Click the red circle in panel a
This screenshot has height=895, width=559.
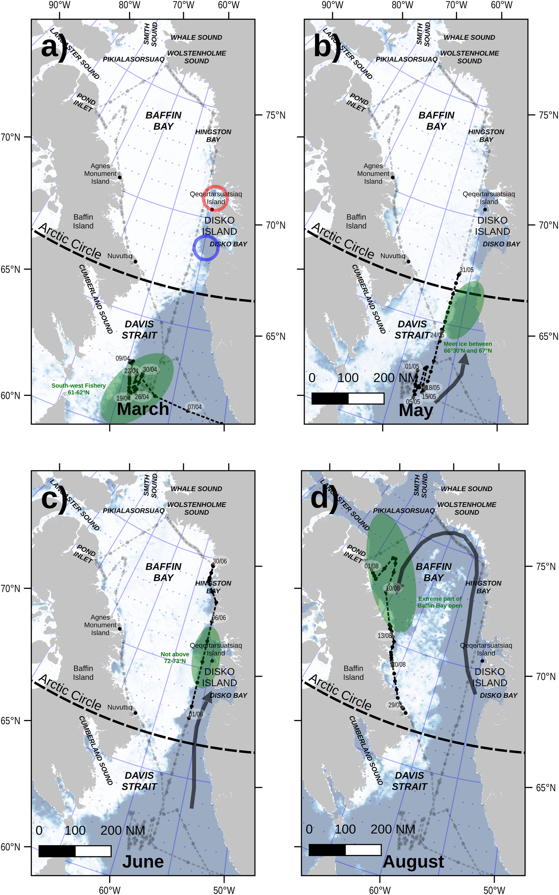[215, 198]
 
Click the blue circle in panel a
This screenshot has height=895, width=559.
[206, 248]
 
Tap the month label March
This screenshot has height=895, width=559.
[143, 409]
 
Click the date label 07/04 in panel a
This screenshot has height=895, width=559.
[195, 407]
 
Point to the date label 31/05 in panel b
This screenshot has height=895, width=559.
[466, 270]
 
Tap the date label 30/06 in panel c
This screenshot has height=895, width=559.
[220, 561]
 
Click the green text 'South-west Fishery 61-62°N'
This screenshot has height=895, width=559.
[78, 388]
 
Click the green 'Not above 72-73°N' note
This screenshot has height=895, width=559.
[175, 658]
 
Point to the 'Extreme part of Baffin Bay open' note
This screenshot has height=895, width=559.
[440, 602]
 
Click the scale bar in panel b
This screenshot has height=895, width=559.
[348, 398]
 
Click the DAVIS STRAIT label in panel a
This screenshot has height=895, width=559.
[139, 329]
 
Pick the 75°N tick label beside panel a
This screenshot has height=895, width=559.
[275, 115]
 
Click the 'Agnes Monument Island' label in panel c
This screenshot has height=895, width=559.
[100, 625]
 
